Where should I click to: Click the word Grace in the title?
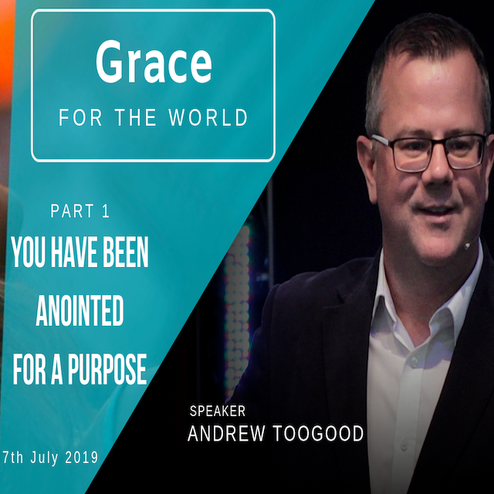click(x=154, y=62)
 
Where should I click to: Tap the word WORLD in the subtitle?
click(x=208, y=117)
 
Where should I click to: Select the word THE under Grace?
click(x=136, y=117)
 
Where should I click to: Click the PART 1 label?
click(x=80, y=211)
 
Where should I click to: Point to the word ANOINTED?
click(x=80, y=310)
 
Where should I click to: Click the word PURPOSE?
click(x=107, y=369)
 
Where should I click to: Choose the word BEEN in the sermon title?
click(x=126, y=252)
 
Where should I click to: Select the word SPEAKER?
click(x=218, y=411)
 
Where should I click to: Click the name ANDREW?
click(x=226, y=433)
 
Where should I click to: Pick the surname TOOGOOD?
click(x=318, y=433)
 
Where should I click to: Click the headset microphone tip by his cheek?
click(x=466, y=246)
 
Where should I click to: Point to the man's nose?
click(x=438, y=170)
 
